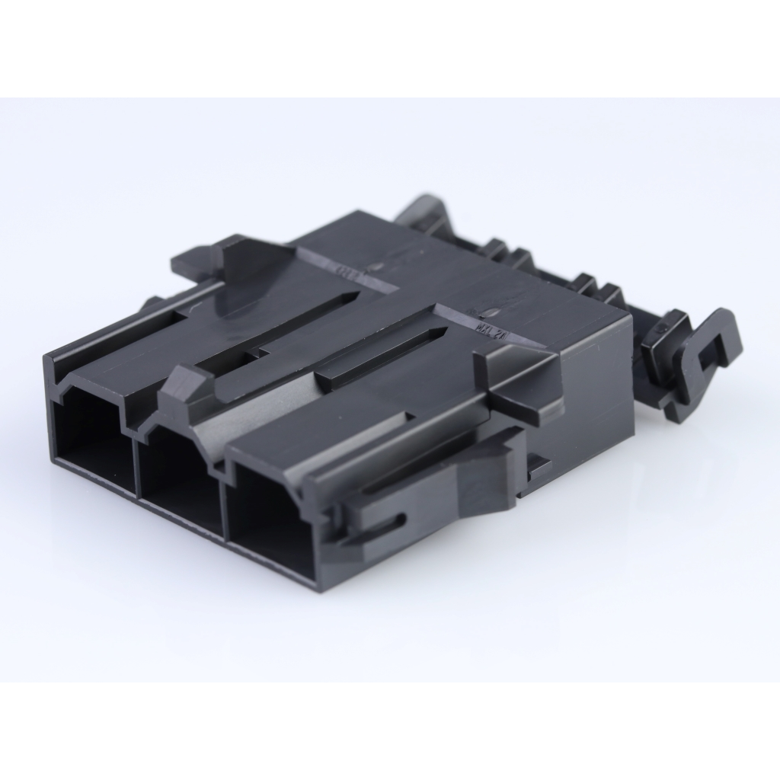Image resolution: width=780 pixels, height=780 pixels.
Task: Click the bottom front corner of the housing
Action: pos(316,583)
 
